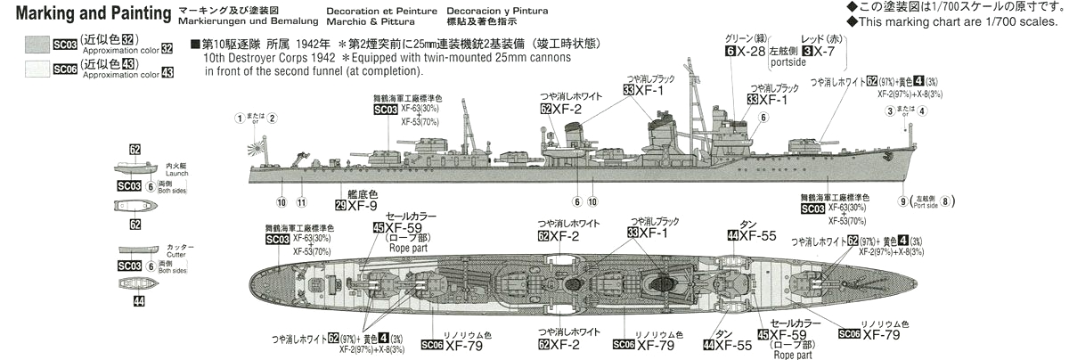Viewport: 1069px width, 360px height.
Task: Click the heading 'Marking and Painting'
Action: click(x=85, y=14)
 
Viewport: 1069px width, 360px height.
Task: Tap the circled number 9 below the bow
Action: click(x=903, y=201)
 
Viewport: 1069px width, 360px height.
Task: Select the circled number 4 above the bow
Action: click(x=922, y=111)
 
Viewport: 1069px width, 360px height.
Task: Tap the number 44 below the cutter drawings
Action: click(x=136, y=301)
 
